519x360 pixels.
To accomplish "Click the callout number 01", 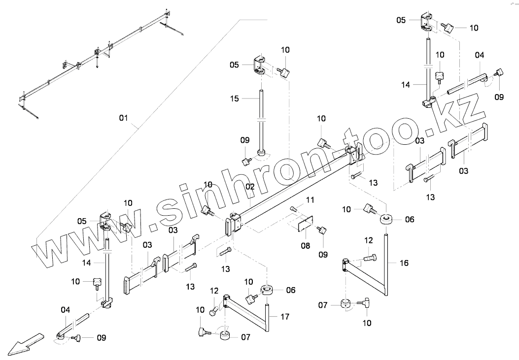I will [123, 118].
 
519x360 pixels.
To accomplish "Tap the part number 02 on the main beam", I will [250, 187].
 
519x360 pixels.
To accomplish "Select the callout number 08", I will [306, 245].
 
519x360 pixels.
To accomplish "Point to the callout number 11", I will [310, 199].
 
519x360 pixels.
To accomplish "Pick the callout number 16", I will [404, 263].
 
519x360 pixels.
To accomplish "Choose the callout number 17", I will [284, 317].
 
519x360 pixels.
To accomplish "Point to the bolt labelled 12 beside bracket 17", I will [214, 311].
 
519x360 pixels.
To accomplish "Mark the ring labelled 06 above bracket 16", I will [387, 219].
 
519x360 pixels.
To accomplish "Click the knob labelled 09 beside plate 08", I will [322, 230].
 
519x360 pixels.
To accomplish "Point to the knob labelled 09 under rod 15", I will [245, 161].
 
